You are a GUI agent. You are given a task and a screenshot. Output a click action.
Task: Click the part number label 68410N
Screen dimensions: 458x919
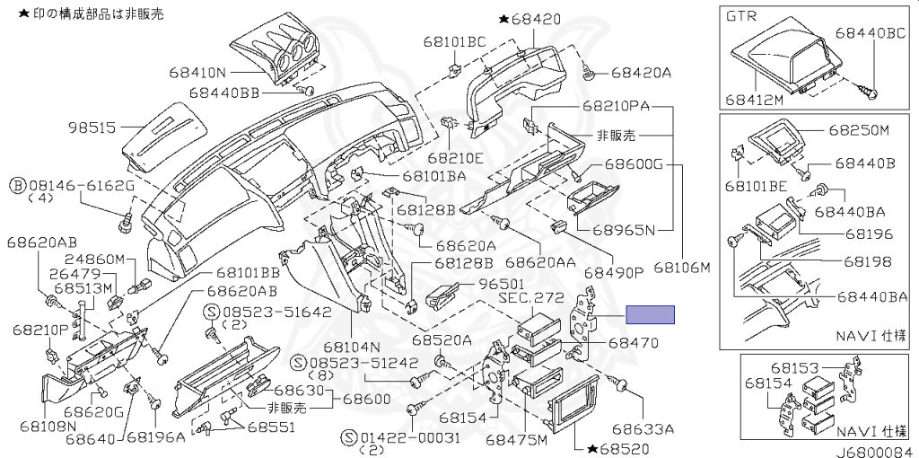pos(197,71)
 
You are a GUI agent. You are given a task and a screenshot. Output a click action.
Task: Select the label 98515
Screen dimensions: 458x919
pos(92,128)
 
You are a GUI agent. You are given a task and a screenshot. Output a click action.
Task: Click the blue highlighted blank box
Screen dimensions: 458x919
pos(650,314)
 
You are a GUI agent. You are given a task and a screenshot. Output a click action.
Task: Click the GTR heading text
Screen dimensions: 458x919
pos(741,17)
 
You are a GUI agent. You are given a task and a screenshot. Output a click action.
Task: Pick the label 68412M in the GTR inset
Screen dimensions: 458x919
pos(755,100)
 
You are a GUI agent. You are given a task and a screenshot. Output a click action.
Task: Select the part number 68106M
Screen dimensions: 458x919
pos(681,268)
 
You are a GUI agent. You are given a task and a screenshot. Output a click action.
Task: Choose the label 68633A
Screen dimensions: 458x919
pos(642,428)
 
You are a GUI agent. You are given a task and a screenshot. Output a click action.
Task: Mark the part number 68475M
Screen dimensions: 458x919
pos(516,440)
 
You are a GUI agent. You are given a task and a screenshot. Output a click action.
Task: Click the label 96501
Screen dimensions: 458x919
pos(500,283)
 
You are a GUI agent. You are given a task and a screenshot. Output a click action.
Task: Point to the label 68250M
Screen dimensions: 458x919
pos(858,129)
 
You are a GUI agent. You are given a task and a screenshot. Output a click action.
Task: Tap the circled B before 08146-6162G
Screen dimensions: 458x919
pos(16,186)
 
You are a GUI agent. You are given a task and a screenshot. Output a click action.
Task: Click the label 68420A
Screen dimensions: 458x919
pos(641,72)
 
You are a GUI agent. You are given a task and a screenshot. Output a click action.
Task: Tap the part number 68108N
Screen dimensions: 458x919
pos(47,425)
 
